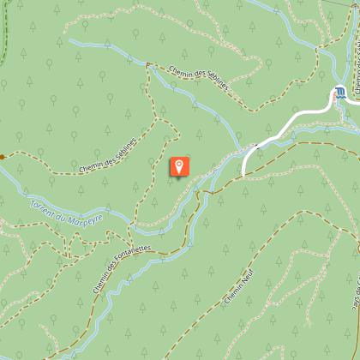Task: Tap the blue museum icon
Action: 341,92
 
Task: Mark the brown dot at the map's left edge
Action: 3,157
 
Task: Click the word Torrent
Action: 41,209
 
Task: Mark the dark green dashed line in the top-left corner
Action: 3,34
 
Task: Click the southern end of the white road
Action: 244,174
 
